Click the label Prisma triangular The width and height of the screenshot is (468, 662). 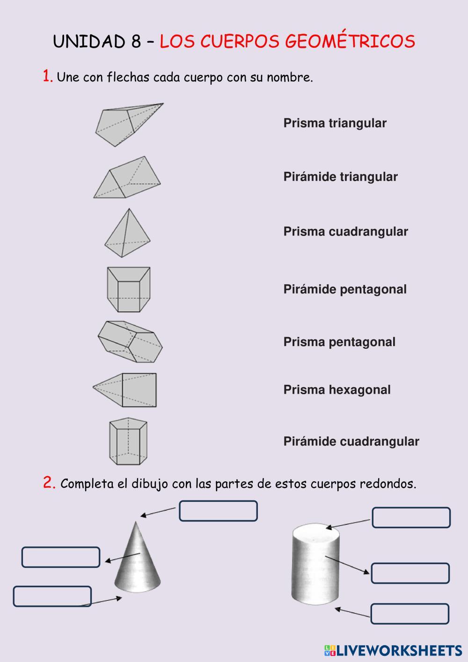coord(335,123)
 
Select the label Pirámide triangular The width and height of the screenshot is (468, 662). coord(340,177)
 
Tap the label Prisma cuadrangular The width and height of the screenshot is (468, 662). coord(345,232)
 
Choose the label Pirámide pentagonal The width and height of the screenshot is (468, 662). coord(345,289)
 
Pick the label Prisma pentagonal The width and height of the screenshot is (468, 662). coord(339,342)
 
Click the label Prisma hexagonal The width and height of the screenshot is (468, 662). coord(337,390)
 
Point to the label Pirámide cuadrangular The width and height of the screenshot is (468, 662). coord(351,441)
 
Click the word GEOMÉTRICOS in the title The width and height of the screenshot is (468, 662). coord(350,41)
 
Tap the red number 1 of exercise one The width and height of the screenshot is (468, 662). coord(47,76)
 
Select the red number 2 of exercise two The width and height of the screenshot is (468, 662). coord(49,483)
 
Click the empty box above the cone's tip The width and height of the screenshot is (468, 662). coord(218,511)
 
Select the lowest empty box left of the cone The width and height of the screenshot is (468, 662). coord(52,596)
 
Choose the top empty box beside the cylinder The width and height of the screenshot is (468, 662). coord(411,517)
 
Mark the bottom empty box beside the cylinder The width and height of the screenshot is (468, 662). coord(410,614)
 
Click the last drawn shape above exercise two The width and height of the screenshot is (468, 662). coord(128,441)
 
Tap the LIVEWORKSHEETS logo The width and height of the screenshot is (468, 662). coord(393,650)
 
